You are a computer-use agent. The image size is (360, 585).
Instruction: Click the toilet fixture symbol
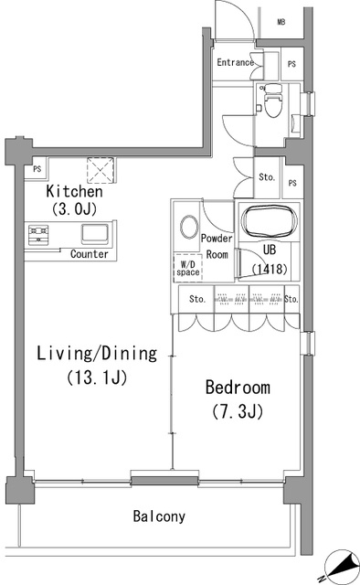(x=272, y=100)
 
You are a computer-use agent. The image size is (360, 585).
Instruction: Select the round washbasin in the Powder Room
(x=188, y=227)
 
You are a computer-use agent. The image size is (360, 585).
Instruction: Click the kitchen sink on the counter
(x=96, y=234)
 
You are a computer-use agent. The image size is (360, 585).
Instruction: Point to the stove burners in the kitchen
(x=38, y=235)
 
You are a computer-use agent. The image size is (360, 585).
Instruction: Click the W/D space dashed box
(x=188, y=267)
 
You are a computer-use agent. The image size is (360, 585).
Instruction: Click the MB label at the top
(x=281, y=22)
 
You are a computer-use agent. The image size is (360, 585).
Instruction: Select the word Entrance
(x=236, y=62)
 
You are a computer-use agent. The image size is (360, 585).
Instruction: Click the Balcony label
(x=159, y=516)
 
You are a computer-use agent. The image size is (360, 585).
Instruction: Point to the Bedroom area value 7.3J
(x=238, y=412)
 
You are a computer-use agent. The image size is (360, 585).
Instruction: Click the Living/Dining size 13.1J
(x=97, y=378)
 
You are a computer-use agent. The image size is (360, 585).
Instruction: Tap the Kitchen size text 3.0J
(x=75, y=209)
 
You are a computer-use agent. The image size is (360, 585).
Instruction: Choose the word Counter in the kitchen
(x=90, y=254)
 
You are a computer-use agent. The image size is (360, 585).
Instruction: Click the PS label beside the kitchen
(x=37, y=169)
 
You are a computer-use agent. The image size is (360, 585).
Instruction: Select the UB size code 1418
(x=270, y=269)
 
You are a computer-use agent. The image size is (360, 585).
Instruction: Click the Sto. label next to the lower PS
(x=267, y=176)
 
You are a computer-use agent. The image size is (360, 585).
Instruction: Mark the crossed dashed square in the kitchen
(x=100, y=170)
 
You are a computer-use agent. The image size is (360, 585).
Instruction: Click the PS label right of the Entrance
(x=291, y=64)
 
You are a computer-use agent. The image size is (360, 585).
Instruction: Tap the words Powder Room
(x=217, y=246)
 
